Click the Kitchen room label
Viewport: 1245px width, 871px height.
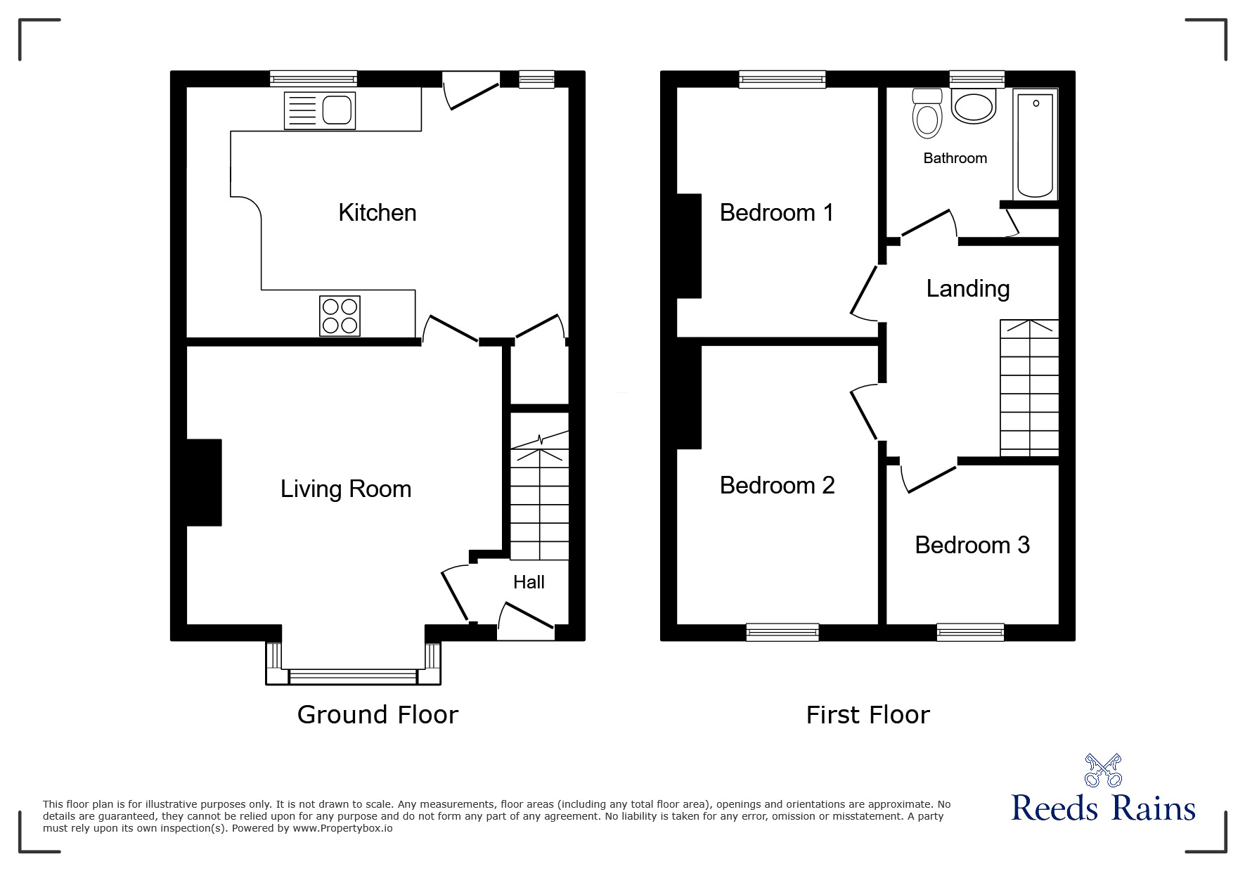[378, 212]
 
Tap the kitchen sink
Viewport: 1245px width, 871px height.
[320, 110]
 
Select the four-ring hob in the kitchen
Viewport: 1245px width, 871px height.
[340, 316]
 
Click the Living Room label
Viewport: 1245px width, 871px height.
[346, 489]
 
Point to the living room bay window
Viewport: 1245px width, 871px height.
[353, 676]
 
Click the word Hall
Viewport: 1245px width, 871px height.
[529, 582]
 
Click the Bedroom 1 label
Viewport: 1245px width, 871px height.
[777, 212]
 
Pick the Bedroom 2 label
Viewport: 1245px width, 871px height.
[777, 485]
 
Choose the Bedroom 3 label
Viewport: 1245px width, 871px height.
[972, 545]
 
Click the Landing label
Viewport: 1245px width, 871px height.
[967, 288]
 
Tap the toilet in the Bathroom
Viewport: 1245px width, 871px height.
[927, 115]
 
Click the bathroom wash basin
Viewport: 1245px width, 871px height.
[974, 108]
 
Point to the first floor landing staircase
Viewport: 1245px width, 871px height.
[1029, 389]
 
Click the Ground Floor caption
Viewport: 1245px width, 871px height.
[378, 715]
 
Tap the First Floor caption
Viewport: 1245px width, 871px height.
[867, 715]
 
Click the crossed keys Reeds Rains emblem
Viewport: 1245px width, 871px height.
[1103, 771]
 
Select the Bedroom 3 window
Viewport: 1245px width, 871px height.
[970, 633]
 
